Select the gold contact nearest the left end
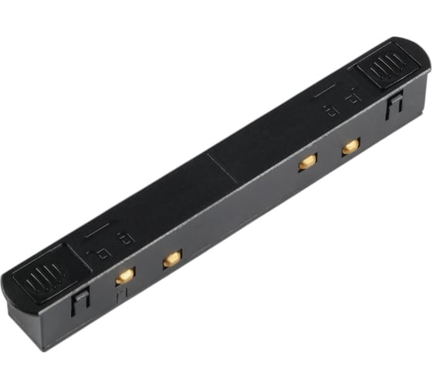coord(124,276)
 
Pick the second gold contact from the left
coord(171,259)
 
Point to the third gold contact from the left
coord(308,161)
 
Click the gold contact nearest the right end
coord(350,146)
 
